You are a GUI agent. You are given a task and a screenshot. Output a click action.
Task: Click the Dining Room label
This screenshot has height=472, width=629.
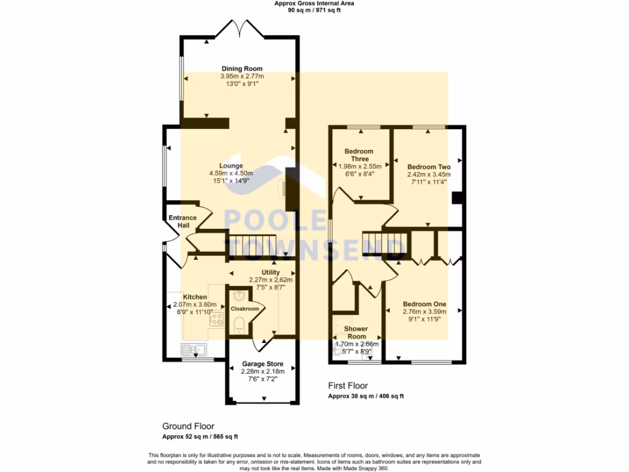(242, 69)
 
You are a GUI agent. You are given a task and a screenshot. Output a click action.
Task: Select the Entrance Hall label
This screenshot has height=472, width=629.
(182, 222)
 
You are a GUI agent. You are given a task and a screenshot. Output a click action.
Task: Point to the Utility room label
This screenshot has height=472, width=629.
(270, 272)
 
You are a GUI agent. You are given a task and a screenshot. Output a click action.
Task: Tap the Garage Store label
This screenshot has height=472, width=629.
(262, 364)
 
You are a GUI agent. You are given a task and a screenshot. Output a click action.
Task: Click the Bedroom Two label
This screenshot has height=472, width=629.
(429, 167)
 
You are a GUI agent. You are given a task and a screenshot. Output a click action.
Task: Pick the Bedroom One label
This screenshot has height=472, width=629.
(424, 304)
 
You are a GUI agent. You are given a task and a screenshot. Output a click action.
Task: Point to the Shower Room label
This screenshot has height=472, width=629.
(356, 332)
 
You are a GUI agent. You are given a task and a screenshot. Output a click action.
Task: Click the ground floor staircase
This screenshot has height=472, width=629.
(252, 245)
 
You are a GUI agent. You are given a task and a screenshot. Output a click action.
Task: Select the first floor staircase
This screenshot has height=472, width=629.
(383, 240)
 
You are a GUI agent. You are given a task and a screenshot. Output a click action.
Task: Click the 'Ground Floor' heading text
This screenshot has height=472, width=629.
(188, 426)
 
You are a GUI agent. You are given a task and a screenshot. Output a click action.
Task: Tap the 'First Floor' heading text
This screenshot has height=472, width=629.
(348, 386)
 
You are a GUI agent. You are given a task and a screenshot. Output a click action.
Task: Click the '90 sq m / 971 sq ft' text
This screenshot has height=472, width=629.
(313, 10)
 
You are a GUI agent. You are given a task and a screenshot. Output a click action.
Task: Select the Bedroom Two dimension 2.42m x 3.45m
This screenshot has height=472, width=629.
(429, 174)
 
